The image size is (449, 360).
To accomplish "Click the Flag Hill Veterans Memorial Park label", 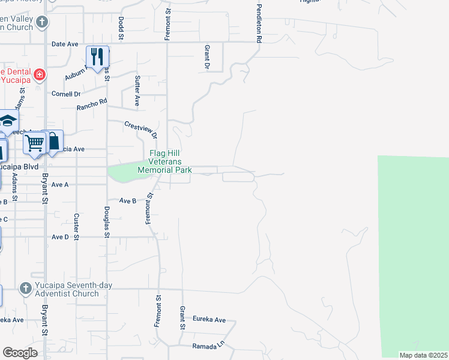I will (164, 161).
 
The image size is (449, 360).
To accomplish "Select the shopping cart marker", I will (35, 143).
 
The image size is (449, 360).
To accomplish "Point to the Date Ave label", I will (65, 44).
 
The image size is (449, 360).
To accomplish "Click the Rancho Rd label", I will (91, 104).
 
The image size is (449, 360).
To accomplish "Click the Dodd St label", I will (121, 29).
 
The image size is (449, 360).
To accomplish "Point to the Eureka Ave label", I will (209, 320).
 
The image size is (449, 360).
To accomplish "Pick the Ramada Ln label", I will (208, 346).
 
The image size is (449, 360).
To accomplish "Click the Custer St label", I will (76, 227).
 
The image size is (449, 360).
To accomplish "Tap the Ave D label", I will (60, 237).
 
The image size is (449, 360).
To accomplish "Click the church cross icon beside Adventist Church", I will (25, 289).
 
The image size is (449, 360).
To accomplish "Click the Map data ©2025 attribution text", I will (423, 355).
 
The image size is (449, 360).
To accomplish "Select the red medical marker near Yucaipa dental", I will (40, 75).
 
